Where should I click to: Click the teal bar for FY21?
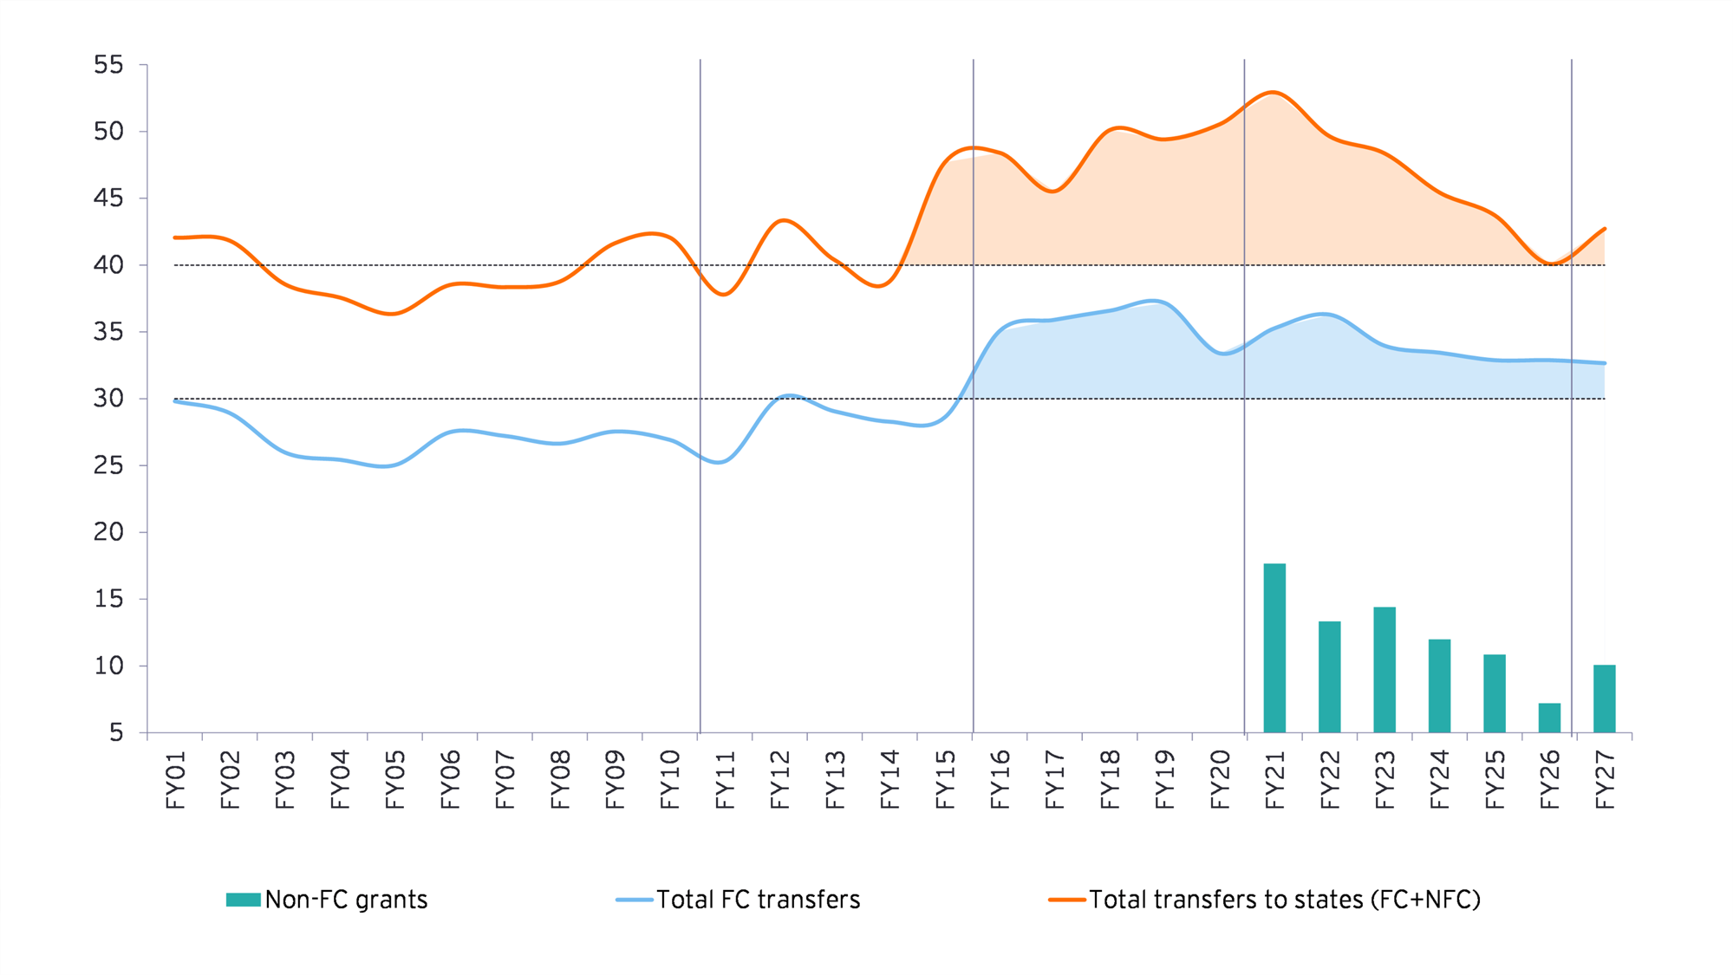click(x=1274, y=648)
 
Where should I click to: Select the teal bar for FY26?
click(x=1549, y=718)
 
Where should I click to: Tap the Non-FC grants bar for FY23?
click(x=1384, y=669)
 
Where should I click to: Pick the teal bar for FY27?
click(x=1604, y=699)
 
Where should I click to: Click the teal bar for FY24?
click(x=1439, y=686)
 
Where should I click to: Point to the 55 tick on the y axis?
click(x=109, y=65)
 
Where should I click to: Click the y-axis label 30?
click(x=109, y=399)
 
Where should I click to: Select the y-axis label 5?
click(x=116, y=733)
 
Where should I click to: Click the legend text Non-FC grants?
click(x=346, y=900)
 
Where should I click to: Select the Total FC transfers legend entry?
click(x=757, y=900)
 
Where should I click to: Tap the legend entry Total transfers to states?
click(x=1284, y=900)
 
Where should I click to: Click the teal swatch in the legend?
click(x=243, y=900)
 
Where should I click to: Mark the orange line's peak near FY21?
click(x=1272, y=92)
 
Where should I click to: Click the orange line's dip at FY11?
click(x=725, y=295)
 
